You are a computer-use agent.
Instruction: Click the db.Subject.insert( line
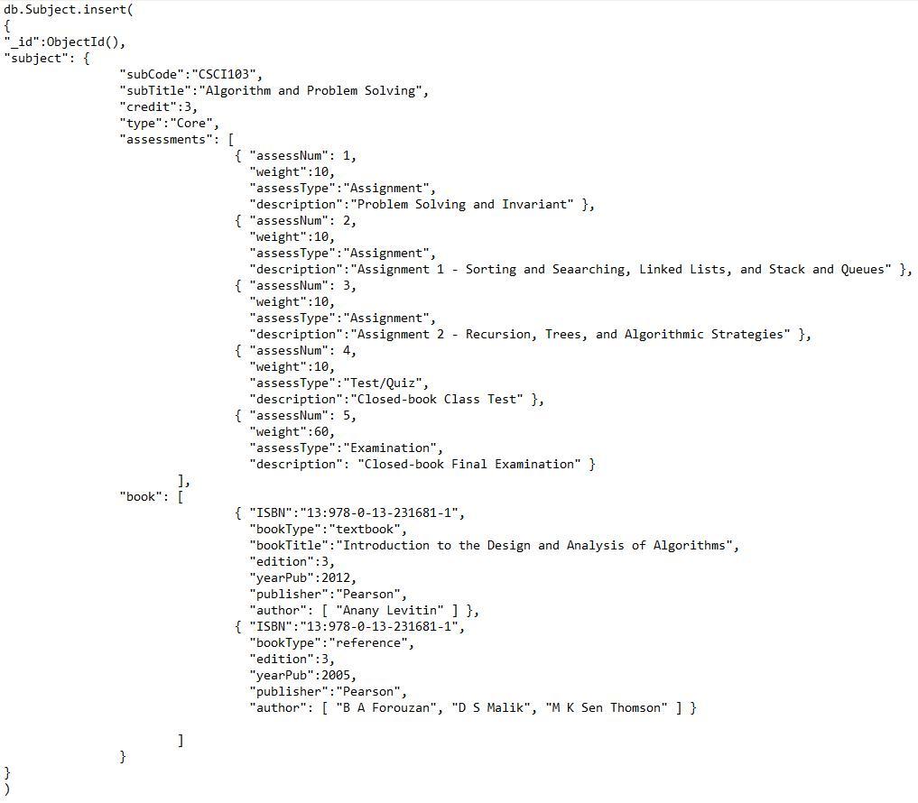(x=69, y=9)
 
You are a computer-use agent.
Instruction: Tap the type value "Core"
(x=194, y=123)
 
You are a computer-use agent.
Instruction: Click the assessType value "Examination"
(x=393, y=448)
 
